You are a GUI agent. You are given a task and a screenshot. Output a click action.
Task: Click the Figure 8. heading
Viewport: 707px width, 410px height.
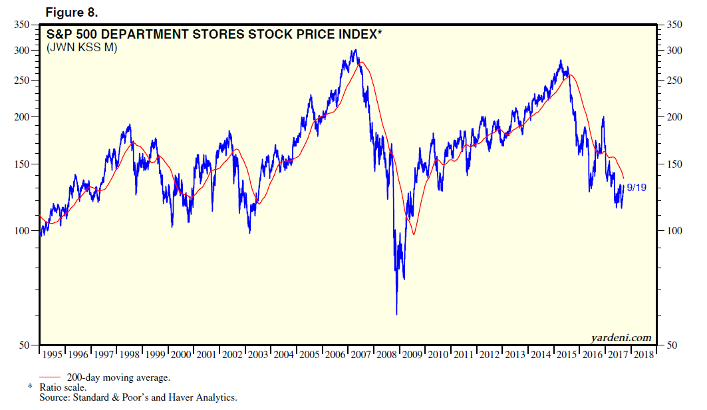72,11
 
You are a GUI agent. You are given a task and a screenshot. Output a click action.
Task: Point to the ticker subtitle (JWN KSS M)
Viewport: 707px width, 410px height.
81,48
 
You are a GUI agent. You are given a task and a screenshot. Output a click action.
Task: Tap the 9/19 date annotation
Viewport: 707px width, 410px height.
636,188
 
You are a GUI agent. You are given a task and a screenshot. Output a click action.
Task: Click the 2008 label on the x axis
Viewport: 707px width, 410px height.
386,355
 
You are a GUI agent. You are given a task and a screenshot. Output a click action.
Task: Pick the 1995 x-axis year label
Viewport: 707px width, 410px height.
53,355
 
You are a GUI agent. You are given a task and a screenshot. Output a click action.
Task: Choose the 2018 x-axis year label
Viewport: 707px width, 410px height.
643,355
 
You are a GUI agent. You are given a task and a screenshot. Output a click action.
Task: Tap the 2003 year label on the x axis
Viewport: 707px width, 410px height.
257,355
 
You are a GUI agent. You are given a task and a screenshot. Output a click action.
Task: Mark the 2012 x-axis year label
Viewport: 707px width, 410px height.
489,355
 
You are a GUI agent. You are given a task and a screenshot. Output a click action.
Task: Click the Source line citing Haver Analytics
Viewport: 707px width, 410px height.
138,397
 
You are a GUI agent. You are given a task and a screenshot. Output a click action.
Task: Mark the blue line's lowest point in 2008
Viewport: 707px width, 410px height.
396,313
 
